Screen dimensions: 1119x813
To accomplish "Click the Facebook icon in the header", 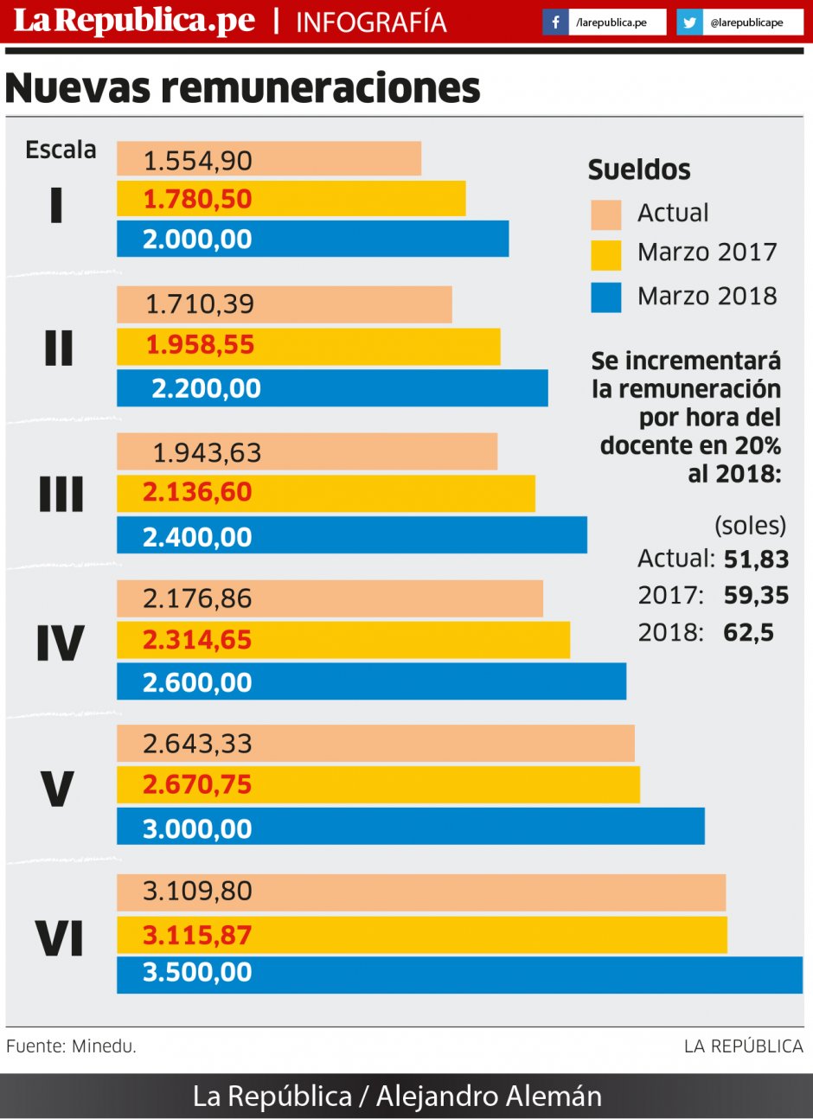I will (555, 22).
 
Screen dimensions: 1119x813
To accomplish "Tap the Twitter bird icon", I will (689, 22).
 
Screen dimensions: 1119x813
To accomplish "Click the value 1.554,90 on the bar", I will (197, 160).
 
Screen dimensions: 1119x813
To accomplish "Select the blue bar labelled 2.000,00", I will (312, 239).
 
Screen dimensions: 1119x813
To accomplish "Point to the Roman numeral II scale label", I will (59, 348).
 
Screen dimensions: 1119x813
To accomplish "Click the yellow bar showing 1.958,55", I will (308, 345).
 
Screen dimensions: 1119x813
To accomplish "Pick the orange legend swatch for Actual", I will (605, 214).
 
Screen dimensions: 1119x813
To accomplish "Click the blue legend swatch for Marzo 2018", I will (605, 297).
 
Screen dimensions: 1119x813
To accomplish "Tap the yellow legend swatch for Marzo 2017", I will (605, 254).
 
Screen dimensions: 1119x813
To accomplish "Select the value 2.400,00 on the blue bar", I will (197, 537).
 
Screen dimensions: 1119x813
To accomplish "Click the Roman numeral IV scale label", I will (60, 643).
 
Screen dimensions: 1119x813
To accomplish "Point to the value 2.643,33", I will (197, 744).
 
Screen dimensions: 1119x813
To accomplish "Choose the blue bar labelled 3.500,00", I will (459, 974).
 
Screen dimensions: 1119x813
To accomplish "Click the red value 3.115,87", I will (197, 935).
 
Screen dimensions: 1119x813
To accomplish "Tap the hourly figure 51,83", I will (756, 559).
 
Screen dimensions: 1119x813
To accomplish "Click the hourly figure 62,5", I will (748, 633).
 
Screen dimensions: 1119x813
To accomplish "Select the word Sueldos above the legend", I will (639, 169).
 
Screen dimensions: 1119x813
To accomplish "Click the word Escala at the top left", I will (61, 150).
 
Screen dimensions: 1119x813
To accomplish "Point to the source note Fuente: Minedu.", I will (71, 1046).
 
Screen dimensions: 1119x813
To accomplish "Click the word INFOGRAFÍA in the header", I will (371, 22).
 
